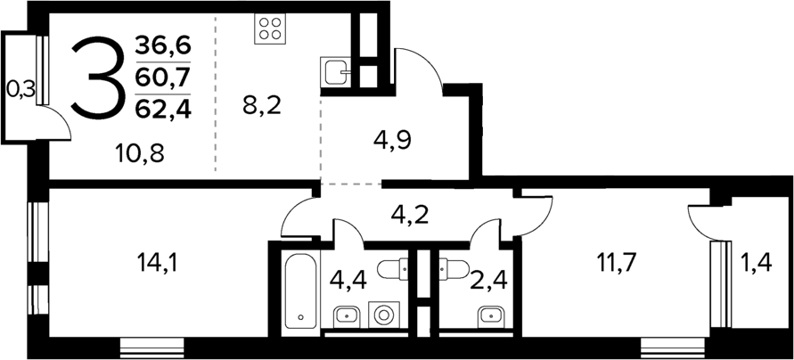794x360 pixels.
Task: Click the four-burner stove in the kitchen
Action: [x=270, y=29]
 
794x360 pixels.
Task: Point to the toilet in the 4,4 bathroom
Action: [x=392, y=267]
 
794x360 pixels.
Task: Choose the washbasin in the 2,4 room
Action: [x=487, y=315]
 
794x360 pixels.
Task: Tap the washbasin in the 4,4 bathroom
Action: [x=344, y=315]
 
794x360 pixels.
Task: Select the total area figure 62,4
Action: [x=163, y=110]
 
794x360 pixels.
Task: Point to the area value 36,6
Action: [x=163, y=43]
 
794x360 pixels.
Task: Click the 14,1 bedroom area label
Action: [x=155, y=263]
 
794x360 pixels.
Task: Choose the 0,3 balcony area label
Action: [x=20, y=87]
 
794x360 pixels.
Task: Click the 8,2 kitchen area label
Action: [x=263, y=105]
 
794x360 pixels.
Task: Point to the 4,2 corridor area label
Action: [x=412, y=214]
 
